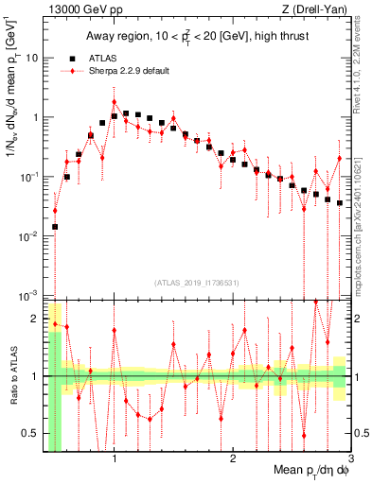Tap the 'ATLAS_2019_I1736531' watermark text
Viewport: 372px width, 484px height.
click(x=195, y=282)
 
